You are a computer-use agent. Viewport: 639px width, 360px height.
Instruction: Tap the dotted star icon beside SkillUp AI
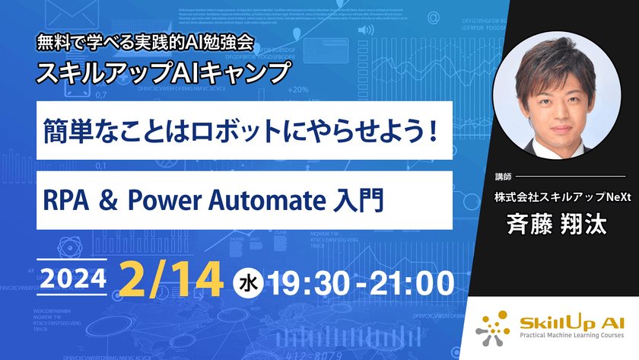click(x=495, y=323)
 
